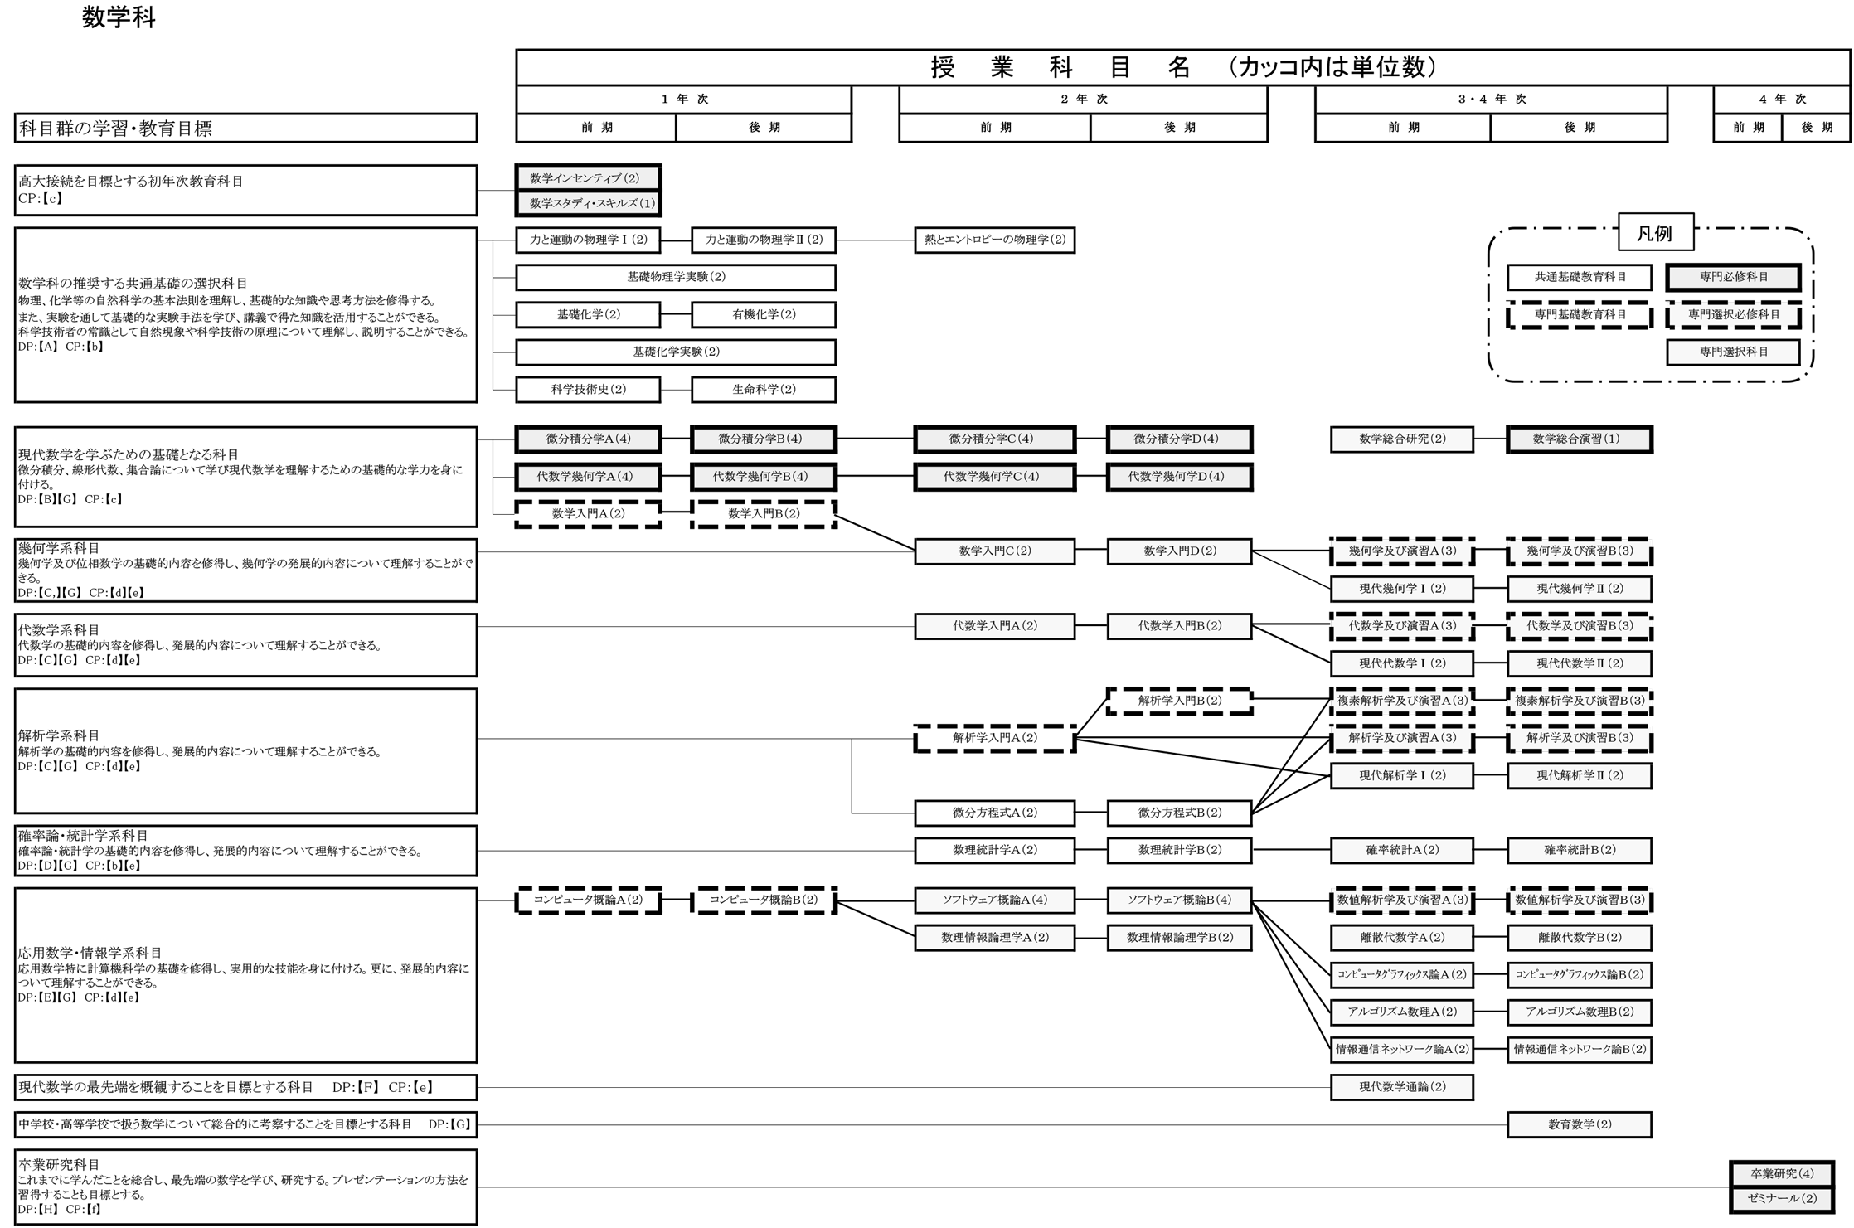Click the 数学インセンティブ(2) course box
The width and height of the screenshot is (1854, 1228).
tap(588, 178)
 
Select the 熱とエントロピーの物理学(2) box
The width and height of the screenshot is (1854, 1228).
tap(994, 240)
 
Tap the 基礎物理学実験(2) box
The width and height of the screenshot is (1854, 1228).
tap(675, 277)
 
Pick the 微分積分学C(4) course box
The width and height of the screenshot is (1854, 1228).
tap(994, 439)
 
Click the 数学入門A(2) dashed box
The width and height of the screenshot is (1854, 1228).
tap(588, 514)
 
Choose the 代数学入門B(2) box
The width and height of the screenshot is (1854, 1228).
tap(1178, 626)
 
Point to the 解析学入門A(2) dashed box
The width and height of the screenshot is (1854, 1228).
tap(994, 738)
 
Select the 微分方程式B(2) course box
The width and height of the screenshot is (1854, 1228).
tap(1178, 813)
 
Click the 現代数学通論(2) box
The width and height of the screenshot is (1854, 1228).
tap(1401, 1087)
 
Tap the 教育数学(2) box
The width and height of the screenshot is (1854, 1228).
tap(1579, 1125)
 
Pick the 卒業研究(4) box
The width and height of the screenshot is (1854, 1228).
tap(1782, 1174)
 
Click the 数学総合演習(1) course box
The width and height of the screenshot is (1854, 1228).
tap(1579, 439)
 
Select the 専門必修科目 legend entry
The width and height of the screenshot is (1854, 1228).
tap(1733, 277)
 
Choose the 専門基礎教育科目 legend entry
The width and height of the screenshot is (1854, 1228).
tap(1579, 315)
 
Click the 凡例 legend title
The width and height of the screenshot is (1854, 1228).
tap(1655, 233)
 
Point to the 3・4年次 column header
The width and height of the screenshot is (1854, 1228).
tap(1491, 100)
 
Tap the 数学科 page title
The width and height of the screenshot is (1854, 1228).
tap(119, 17)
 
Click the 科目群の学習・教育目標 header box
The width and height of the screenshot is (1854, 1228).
tap(245, 129)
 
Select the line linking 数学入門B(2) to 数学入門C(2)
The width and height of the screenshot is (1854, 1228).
tap(875, 533)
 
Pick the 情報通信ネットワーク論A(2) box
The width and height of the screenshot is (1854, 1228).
tap(1401, 1050)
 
